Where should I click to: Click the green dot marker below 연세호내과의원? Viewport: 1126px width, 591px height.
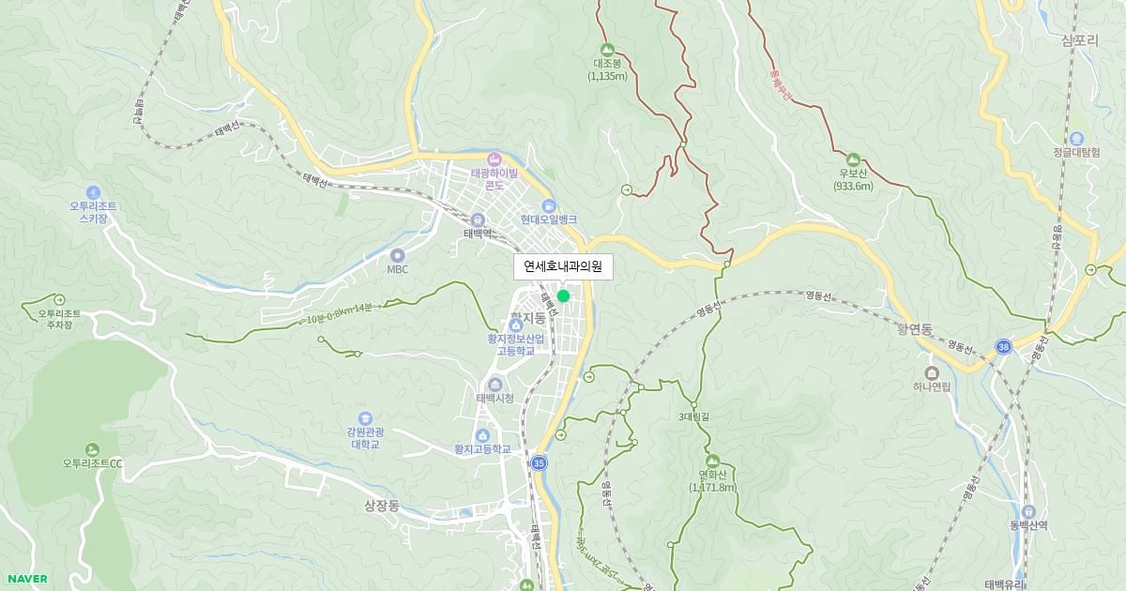coord(563,296)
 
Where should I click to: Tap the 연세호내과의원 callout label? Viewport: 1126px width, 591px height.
coord(563,267)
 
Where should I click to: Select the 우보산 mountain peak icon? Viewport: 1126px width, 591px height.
coord(853,159)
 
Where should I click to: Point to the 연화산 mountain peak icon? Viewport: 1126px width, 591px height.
coord(712,461)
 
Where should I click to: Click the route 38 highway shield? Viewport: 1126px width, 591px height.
coord(1004,346)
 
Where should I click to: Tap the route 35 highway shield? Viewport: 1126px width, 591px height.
coord(539,463)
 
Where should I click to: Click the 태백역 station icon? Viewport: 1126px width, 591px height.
coord(478,219)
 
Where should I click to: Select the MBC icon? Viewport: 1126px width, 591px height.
coord(397,255)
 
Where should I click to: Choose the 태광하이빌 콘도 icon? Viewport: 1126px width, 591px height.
coord(495,158)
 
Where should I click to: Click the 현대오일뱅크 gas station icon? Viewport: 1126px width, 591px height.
coord(549,205)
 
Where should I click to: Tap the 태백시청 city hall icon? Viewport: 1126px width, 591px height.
coord(495,385)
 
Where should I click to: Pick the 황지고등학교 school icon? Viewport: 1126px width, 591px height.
coord(482,435)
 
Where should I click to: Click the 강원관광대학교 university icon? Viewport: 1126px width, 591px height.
coord(365,418)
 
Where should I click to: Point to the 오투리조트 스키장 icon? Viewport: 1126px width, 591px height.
coord(93,192)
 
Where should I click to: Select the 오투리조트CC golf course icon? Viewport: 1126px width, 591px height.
coord(92,449)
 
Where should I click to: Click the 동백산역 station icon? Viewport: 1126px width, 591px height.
coord(1028,511)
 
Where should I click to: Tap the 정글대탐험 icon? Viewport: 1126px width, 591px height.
coord(1075,138)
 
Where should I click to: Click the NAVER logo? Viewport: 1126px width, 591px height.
coord(27,579)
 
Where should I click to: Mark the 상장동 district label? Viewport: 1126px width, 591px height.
coord(382,506)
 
